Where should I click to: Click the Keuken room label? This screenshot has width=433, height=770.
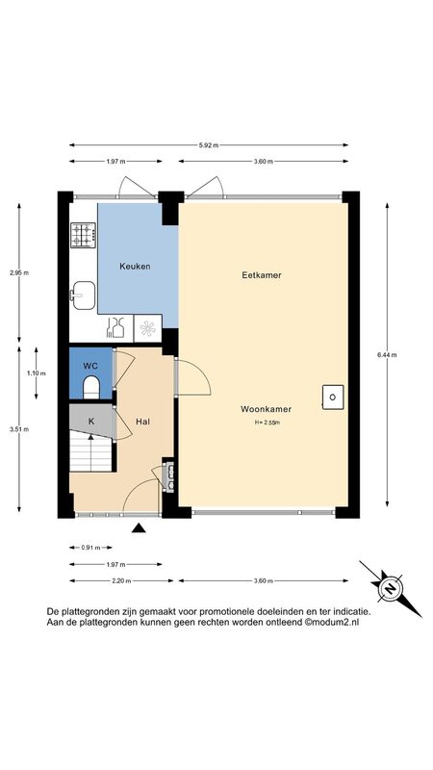[135, 267]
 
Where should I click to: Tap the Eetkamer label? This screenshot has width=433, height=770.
[262, 275]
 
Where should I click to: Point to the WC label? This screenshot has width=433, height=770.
[90, 366]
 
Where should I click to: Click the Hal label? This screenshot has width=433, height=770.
[142, 422]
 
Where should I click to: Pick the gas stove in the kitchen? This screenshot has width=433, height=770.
[83, 235]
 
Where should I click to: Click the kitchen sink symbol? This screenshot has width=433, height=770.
[83, 295]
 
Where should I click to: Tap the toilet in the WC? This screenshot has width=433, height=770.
[91, 387]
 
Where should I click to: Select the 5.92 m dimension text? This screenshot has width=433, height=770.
[209, 145]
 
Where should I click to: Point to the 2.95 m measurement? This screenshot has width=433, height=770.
[19, 273]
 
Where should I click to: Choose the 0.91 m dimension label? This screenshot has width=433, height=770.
[90, 548]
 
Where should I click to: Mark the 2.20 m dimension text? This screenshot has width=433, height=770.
[121, 581]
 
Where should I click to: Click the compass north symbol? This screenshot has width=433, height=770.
[391, 588]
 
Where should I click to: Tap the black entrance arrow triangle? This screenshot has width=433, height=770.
[140, 527]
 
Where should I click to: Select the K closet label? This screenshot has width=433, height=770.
[91, 421]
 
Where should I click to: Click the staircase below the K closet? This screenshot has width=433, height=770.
[90, 450]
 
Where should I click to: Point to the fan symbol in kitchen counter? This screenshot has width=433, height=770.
[148, 328]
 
